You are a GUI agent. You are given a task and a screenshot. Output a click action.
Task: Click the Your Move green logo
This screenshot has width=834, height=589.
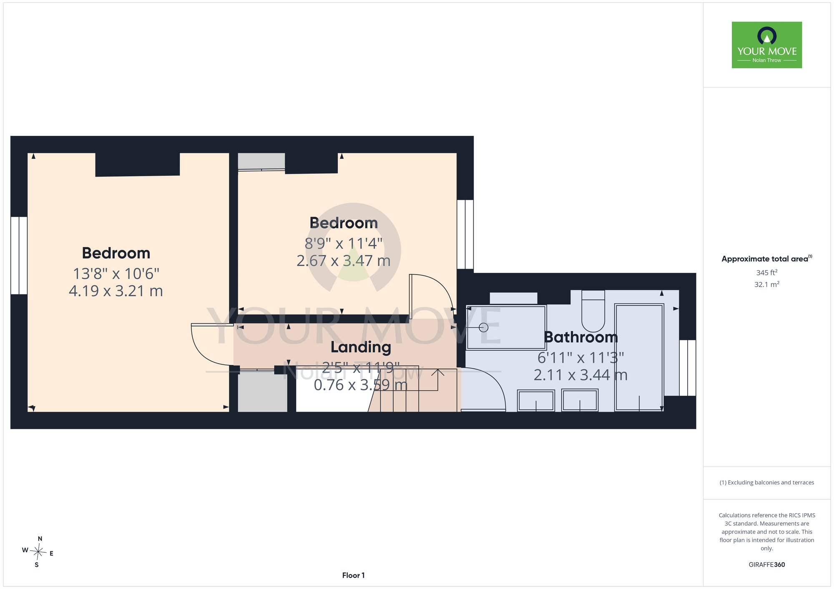[766, 45]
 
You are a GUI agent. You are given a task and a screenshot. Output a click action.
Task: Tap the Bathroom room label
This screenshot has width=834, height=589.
[580, 337]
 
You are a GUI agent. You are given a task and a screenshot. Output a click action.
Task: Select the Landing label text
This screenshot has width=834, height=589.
[361, 347]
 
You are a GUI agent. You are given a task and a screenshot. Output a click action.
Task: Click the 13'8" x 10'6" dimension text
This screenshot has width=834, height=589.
[116, 274]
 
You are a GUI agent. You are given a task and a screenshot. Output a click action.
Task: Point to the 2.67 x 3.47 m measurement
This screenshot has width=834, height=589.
[343, 261]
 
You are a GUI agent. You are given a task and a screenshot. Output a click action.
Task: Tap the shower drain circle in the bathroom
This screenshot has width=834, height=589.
[483, 327]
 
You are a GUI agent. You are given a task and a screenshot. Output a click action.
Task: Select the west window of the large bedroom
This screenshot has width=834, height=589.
[19, 255]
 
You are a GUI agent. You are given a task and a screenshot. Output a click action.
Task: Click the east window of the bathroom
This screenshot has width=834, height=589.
[688, 368]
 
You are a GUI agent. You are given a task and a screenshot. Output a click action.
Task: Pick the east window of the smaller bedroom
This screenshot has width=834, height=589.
[465, 235]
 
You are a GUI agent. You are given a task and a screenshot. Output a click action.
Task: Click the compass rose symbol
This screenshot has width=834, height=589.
[38, 552]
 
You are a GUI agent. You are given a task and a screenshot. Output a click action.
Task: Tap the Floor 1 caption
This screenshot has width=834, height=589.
[353, 575]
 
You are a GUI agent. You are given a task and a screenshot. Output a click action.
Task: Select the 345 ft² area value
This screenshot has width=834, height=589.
[766, 272]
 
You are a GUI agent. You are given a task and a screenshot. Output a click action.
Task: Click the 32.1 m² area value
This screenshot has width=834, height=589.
[766, 285]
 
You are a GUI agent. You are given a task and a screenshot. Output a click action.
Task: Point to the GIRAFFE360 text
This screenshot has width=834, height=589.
[766, 565]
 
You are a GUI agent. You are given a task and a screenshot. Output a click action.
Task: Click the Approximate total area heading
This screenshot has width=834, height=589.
[766, 259]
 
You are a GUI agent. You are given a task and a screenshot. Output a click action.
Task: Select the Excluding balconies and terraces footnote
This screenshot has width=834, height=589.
[766, 482]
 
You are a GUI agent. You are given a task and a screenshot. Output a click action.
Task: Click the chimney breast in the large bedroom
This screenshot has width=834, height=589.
[138, 165]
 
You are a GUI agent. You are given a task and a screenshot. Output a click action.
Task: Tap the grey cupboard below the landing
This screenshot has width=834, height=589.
[262, 391]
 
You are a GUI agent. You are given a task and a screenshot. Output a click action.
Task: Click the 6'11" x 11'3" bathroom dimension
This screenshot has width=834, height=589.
[580, 357]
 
